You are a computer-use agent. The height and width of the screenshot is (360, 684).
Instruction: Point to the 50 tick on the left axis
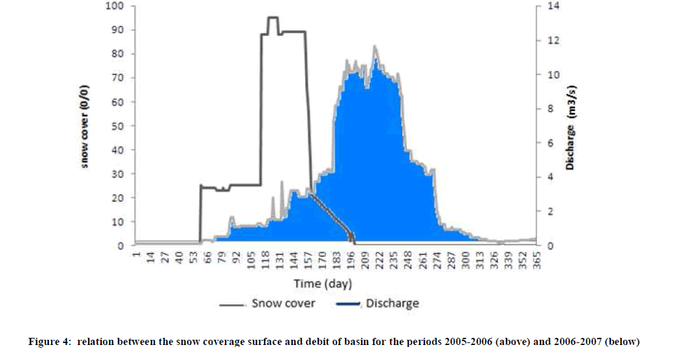118,126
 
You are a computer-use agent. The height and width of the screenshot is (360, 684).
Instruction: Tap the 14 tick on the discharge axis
547,6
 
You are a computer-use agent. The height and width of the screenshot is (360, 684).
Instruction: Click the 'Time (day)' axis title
322,284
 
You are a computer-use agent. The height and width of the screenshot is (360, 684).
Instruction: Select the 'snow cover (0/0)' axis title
85,126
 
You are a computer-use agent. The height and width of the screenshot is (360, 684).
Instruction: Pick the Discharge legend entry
378,303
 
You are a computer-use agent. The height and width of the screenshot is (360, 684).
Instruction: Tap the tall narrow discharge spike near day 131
282,183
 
